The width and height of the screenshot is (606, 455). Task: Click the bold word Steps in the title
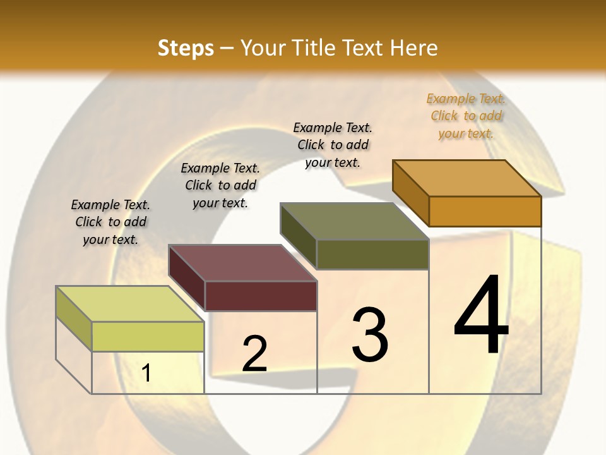186,48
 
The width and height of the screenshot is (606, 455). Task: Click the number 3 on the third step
370,334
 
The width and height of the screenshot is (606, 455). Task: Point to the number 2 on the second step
254,354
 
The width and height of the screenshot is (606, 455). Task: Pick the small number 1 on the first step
146,373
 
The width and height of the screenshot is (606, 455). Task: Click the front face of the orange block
485,211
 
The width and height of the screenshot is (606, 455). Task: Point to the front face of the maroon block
261,296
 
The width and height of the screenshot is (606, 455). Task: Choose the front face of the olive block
372,254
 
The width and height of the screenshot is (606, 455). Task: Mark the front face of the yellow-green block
148,336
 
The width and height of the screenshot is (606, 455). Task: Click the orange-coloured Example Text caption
466,116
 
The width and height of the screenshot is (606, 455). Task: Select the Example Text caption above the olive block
333,145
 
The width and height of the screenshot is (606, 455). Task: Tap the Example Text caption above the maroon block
220,185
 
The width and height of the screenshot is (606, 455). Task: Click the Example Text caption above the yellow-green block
110,222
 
